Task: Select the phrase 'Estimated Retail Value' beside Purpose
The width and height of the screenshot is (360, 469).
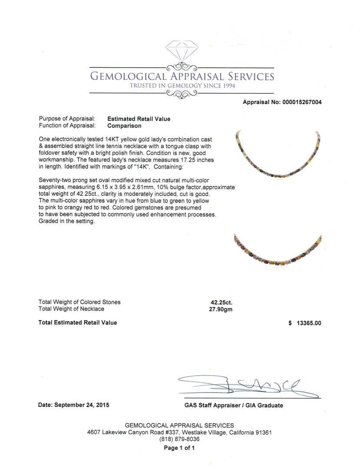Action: click(139, 119)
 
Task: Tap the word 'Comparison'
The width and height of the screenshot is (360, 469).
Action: click(124, 126)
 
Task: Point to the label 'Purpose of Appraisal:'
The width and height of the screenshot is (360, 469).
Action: click(67, 119)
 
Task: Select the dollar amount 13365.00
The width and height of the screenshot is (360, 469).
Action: click(309, 323)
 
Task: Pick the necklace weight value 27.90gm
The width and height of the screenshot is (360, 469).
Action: click(222, 309)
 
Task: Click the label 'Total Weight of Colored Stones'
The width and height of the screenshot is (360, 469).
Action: click(79, 302)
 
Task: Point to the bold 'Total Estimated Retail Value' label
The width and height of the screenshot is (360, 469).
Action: click(78, 323)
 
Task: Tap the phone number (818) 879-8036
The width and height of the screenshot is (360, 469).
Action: click(179, 439)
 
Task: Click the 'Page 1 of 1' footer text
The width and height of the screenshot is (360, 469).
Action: click(179, 448)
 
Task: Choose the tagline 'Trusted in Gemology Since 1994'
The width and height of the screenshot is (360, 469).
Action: click(182, 86)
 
